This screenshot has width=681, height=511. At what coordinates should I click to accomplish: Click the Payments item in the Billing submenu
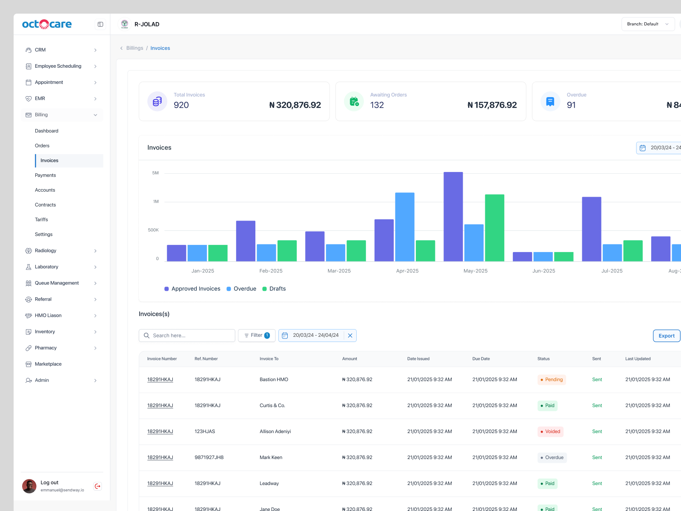pyautogui.click(x=45, y=175)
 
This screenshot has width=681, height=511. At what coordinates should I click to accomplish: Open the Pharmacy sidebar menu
pyautogui.click(x=46, y=348)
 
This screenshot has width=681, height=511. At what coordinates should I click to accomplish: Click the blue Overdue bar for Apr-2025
pyautogui.click(x=404, y=227)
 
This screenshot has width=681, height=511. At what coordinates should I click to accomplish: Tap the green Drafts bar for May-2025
pyautogui.click(x=495, y=228)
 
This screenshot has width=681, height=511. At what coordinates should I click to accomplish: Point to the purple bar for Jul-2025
pyautogui.click(x=591, y=229)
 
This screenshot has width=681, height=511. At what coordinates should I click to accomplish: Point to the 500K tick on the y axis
pyautogui.click(x=153, y=230)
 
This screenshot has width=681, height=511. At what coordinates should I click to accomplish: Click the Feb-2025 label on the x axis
pyautogui.click(x=271, y=271)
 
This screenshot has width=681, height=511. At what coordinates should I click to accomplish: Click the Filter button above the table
pyautogui.click(x=256, y=336)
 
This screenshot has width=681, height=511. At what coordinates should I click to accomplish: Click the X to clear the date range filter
pyautogui.click(x=350, y=336)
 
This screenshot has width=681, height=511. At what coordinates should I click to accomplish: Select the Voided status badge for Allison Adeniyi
pyautogui.click(x=550, y=431)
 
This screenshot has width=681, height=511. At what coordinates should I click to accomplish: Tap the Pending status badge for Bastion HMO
pyautogui.click(x=552, y=379)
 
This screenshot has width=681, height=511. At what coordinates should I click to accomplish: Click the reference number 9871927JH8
pyautogui.click(x=209, y=457)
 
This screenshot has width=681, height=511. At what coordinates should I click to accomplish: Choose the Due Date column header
pyautogui.click(x=481, y=359)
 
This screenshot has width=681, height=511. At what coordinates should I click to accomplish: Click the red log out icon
pyautogui.click(x=97, y=486)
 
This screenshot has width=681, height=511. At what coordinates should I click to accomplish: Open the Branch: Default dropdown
pyautogui.click(x=647, y=24)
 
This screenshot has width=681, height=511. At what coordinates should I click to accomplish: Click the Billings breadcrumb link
pyautogui.click(x=134, y=48)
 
